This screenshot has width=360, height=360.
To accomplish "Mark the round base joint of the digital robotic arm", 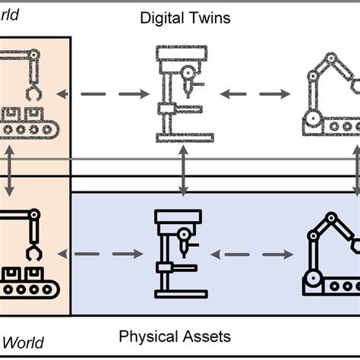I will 312,118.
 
